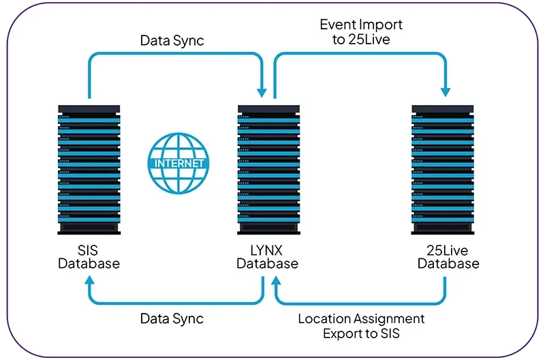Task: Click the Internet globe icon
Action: click(178, 163)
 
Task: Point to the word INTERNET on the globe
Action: click(178, 163)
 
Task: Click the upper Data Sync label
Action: click(172, 40)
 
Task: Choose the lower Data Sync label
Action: click(172, 318)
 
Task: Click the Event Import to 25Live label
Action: click(361, 32)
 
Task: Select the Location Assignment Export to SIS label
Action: click(361, 326)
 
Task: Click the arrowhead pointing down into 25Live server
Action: click(448, 91)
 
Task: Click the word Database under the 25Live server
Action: click(448, 264)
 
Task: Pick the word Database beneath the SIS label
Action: click(89, 264)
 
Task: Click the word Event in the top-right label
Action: click(337, 25)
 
